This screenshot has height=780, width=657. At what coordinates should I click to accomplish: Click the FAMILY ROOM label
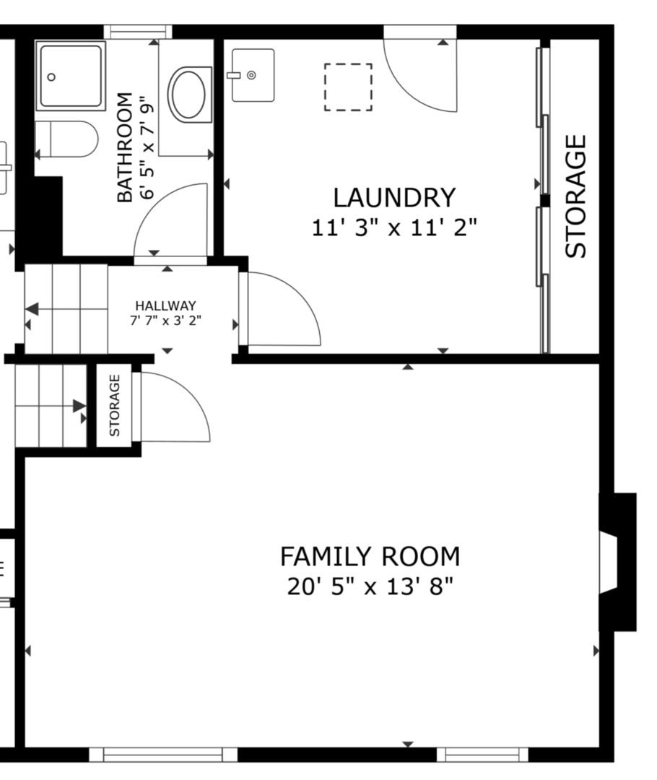pos(370,557)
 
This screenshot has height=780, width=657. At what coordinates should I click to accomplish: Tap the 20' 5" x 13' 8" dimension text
pos(370,586)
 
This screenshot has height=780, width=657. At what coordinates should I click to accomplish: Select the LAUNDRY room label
pos(394,197)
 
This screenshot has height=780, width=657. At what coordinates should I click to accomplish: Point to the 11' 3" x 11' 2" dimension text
pos(394,227)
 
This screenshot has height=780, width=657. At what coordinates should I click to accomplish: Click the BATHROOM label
pos(125,147)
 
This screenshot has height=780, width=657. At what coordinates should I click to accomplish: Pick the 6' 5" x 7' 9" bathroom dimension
pos(147,147)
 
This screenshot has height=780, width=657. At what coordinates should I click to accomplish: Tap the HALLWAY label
pos(165,305)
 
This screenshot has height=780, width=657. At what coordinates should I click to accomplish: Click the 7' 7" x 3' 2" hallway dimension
pos(165,321)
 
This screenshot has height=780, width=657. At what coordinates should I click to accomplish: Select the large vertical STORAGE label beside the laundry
pos(575,196)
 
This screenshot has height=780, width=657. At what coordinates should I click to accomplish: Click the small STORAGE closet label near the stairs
pos(115,405)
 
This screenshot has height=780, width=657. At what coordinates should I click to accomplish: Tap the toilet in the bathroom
pos(66,139)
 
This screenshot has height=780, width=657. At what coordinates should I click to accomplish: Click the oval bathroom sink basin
pos(189,94)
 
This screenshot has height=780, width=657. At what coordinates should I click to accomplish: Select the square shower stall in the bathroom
pos(71,75)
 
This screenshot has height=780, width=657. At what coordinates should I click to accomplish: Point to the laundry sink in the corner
pos(252,75)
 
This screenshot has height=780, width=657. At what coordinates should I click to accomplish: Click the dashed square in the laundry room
pos(348,87)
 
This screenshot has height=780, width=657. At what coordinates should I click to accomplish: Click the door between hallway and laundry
pos(282,309)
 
